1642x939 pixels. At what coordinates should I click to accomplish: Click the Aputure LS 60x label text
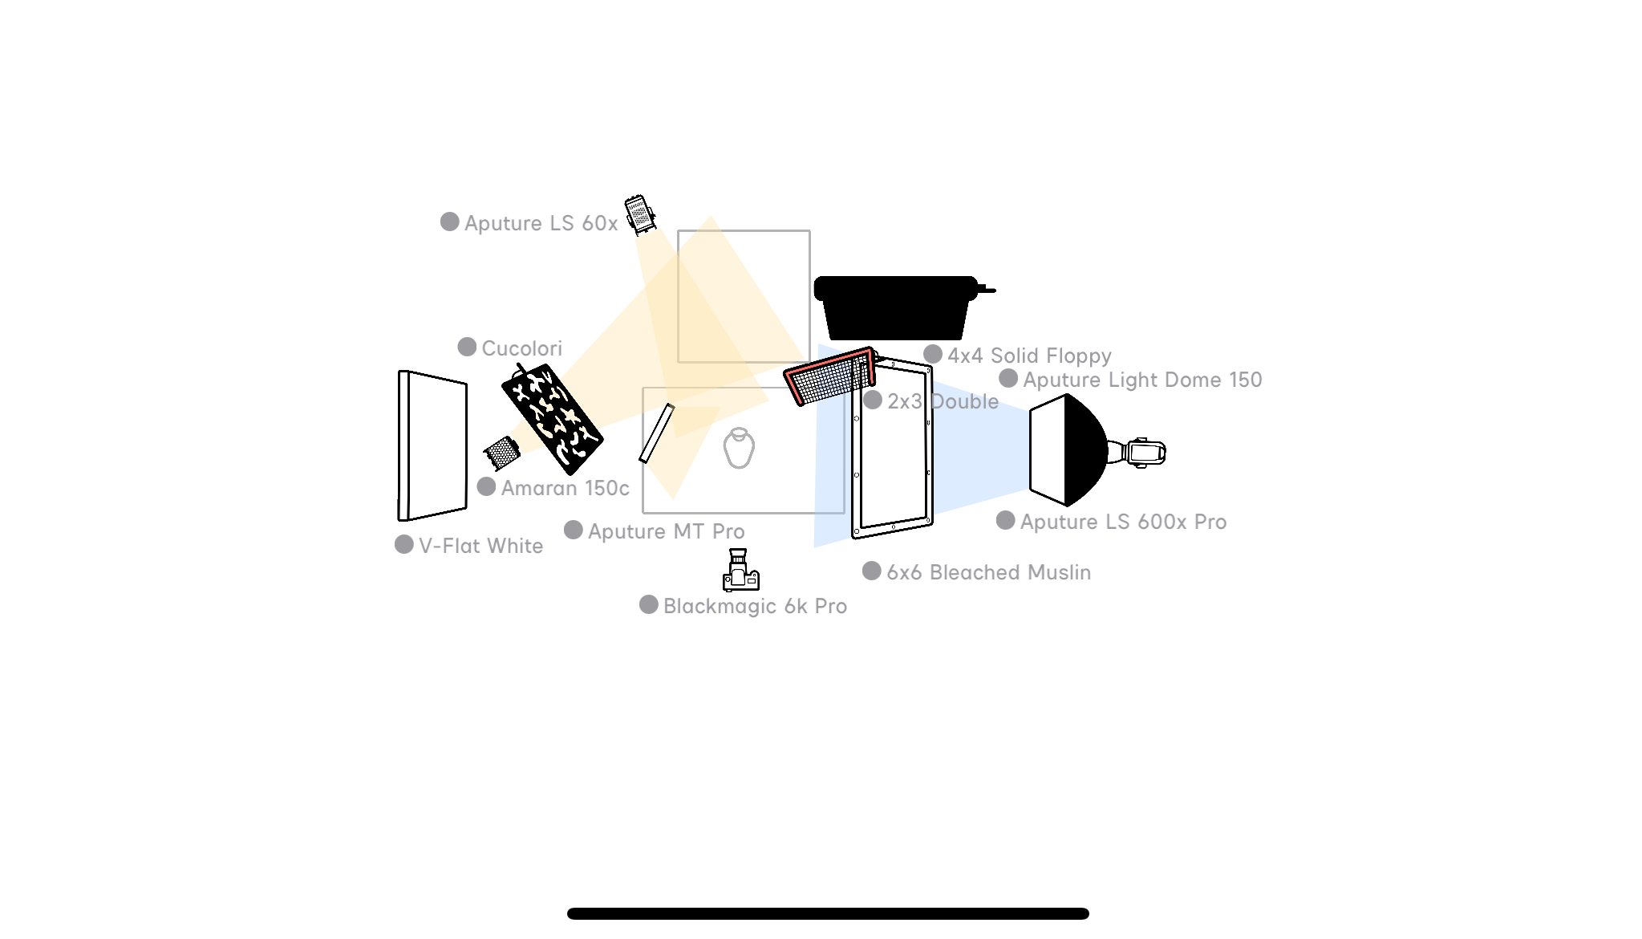[x=541, y=223]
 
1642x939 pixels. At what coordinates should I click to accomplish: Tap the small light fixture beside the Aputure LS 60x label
[x=640, y=214]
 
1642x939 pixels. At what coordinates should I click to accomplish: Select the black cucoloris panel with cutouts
[x=552, y=417]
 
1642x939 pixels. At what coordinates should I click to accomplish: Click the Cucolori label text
[x=521, y=348]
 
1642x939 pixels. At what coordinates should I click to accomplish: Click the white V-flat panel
[x=432, y=445]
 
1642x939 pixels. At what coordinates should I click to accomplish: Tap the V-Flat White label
[x=480, y=546]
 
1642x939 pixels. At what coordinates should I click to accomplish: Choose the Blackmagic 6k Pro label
[x=755, y=606]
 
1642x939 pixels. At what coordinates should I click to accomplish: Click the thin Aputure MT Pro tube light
[x=656, y=433]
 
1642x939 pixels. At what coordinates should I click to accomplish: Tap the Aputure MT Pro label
[x=666, y=531]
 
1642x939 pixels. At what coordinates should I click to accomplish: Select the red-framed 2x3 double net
[x=829, y=376]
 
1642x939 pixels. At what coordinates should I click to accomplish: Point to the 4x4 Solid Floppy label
[x=1029, y=356]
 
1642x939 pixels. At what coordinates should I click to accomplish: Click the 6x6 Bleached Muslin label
[x=988, y=572]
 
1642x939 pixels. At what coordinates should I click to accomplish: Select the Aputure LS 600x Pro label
[x=1123, y=522]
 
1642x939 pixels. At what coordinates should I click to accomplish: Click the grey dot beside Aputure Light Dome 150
[x=1008, y=379]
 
